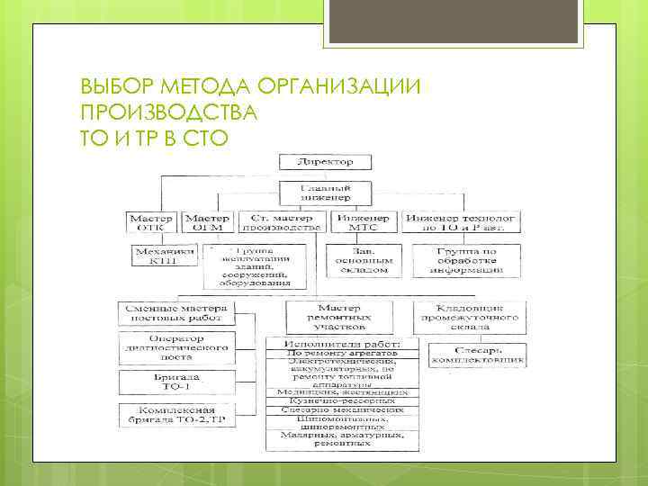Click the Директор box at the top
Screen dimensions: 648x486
[x=326, y=162]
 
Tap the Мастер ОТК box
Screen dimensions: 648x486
[x=152, y=223]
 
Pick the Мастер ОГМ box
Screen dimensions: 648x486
[x=207, y=223]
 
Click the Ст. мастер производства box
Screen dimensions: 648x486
[x=281, y=223]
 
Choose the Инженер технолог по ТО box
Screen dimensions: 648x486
[x=462, y=223]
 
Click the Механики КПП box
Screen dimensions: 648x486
[x=164, y=256]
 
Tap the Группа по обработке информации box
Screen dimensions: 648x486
[x=465, y=261]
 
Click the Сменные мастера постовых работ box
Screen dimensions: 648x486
[x=175, y=312]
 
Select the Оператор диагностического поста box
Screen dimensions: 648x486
[x=175, y=347]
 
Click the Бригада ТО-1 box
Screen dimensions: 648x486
[x=175, y=381]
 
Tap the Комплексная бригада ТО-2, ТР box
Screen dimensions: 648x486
[x=175, y=415]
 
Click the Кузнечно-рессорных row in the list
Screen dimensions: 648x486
[x=338, y=400]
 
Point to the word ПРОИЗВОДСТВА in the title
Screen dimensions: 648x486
[x=168, y=113]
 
